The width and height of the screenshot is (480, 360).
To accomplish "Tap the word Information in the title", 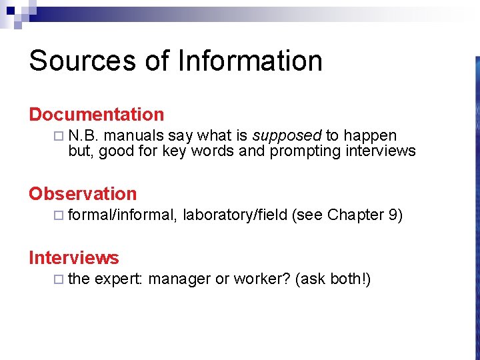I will pyautogui.click(x=250, y=61).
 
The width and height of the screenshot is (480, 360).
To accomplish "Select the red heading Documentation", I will pyautogui.click(x=96, y=115).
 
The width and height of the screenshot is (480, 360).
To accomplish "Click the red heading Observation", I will pyautogui.click(x=83, y=194).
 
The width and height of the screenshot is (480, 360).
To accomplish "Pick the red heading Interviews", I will pyautogui.click(x=73, y=258).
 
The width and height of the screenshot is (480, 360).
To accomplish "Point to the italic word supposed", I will pyautogui.click(x=287, y=136).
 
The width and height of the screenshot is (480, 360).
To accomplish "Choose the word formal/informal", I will pyautogui.click(x=122, y=215).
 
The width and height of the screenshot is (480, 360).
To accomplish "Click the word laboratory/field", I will pyautogui.click(x=235, y=215).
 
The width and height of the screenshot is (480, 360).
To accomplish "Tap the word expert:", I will pyautogui.click(x=118, y=279).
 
